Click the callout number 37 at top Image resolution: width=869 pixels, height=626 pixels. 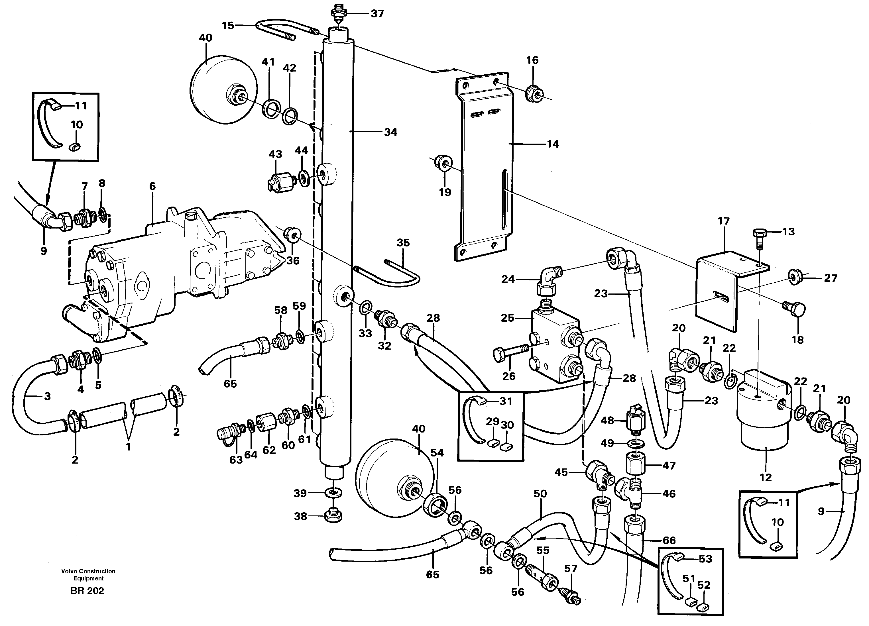tap(377, 14)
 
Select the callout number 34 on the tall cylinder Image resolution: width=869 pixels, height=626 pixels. tap(390, 132)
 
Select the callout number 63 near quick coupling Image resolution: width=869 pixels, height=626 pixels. tap(236, 459)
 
